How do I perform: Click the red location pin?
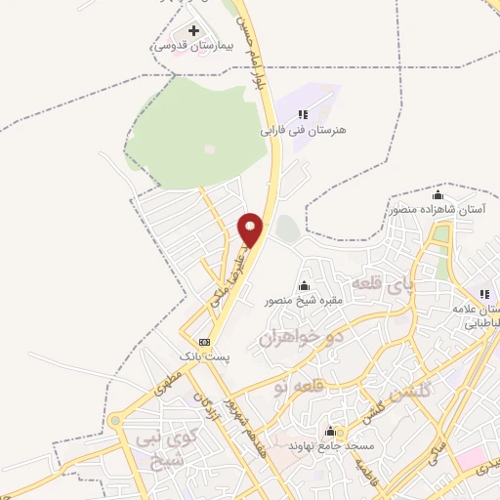250,229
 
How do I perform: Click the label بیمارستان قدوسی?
186,46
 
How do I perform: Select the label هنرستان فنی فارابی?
303,129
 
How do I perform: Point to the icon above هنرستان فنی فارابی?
303,114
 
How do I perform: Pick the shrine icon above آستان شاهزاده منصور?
437,195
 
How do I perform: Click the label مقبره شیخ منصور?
304,301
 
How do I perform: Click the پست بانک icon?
204,342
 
